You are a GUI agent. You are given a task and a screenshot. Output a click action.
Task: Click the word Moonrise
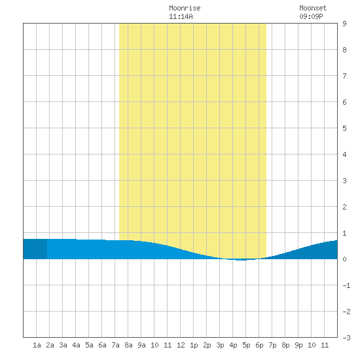(x=185, y=8)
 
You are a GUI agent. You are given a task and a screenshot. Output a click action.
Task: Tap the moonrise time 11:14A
(x=181, y=16)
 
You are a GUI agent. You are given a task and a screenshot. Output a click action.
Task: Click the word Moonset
(x=313, y=8)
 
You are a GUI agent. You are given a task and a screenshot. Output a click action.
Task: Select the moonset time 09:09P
(x=311, y=16)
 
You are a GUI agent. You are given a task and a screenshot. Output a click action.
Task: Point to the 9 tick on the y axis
(x=344, y=24)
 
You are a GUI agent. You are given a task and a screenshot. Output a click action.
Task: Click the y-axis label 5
(x=344, y=128)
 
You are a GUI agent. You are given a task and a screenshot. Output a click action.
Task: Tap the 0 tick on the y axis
(x=344, y=259)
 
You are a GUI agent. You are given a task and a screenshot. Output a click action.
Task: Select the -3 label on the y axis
(x=346, y=338)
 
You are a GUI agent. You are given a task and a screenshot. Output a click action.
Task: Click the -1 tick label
(x=346, y=285)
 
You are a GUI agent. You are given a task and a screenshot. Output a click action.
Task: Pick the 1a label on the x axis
(x=37, y=345)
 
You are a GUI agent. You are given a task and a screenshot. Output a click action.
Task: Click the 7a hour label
(x=115, y=345)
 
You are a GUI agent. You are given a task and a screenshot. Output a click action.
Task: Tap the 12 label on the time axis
(x=181, y=345)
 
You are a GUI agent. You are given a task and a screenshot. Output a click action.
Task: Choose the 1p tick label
(x=194, y=345)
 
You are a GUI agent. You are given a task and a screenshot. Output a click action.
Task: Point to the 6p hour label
(x=259, y=345)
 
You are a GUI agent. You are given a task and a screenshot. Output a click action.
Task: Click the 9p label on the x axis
(x=298, y=345)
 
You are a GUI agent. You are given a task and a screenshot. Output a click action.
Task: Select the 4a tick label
(x=76, y=345)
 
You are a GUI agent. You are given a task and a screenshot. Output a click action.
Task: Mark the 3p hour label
(x=220, y=345)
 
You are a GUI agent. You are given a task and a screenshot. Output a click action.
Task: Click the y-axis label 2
(x=344, y=207)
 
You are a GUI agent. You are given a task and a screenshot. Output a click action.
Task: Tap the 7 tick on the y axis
(x=344, y=76)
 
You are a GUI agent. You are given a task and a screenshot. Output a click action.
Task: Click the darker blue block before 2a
(x=35, y=249)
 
